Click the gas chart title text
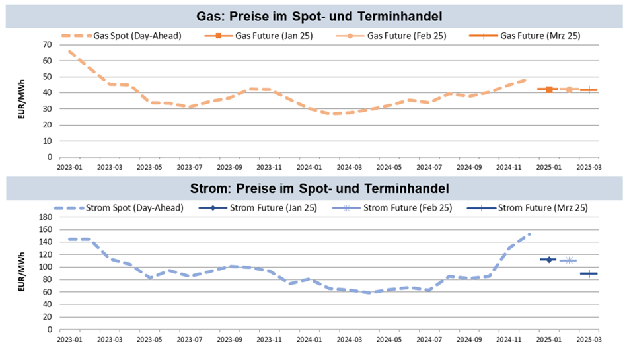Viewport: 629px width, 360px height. [x=319, y=15]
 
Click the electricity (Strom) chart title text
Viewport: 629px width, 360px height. [x=319, y=188]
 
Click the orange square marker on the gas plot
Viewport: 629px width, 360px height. [x=549, y=89]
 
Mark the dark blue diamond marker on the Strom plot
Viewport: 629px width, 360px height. [x=548, y=260]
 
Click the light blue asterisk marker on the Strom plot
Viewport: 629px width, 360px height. [x=569, y=260]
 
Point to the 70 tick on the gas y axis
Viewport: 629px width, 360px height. [x=47, y=44]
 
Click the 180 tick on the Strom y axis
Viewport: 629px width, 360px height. [x=44, y=217]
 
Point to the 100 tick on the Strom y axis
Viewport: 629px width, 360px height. [x=44, y=267]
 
